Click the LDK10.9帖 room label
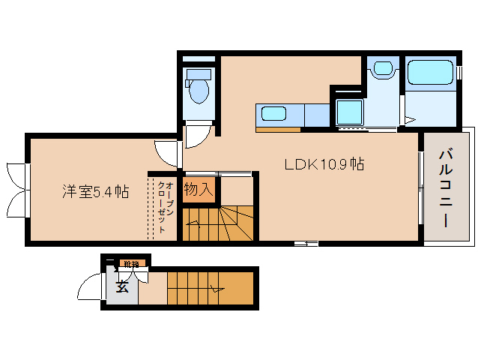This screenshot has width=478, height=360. click(x=324, y=164)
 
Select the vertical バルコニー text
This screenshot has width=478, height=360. click(x=446, y=188)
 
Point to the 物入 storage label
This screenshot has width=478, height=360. click(x=199, y=190)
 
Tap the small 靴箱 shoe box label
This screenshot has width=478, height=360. click(x=132, y=264)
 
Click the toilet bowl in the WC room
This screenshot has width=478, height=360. click(x=199, y=91)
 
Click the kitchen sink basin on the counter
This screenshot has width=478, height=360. click(x=273, y=115)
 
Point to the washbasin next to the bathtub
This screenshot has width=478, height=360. click(x=383, y=69)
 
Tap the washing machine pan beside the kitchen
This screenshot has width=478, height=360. click(x=349, y=112)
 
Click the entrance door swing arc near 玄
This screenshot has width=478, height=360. click(x=90, y=289)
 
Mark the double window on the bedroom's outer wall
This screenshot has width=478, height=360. click(x=16, y=184)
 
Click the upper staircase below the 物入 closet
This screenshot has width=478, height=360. click(x=220, y=223)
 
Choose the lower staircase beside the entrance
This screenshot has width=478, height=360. click(x=210, y=288)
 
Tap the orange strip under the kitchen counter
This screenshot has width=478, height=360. click(x=278, y=129)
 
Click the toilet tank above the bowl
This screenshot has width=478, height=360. click(x=199, y=73)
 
